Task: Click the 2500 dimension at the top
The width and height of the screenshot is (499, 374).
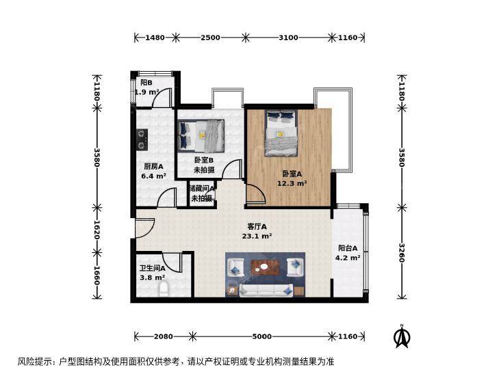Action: pos(210,38)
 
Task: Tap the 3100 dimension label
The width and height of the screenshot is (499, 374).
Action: pos(288,38)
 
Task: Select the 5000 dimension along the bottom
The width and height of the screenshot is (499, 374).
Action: pos(262,336)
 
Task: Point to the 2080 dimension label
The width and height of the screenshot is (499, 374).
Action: pos(164,336)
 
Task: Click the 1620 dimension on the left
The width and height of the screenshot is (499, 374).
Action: pos(97,230)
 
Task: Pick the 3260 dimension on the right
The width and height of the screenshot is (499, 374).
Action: pos(402,253)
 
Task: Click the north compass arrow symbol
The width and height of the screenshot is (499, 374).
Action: pos(402,336)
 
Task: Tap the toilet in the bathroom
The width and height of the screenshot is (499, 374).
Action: pos(164,289)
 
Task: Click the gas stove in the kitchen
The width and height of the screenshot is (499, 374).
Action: pos(142,139)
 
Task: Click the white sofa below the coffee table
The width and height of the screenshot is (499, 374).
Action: pos(266,291)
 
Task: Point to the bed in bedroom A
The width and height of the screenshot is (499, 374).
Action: pos(281,133)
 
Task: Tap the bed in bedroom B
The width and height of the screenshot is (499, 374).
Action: pos(201,135)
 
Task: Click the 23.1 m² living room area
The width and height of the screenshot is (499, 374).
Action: pos(257,236)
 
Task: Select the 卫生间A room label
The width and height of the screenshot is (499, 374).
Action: pos(153,268)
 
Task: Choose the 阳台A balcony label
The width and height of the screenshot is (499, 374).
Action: pos(348,248)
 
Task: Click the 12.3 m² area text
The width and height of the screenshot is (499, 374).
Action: pos(292,183)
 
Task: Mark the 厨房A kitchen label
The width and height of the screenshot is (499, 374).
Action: pos(154,166)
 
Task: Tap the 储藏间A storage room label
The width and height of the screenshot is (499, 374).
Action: pos(202,189)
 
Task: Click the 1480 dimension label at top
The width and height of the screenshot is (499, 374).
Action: pos(155,38)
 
